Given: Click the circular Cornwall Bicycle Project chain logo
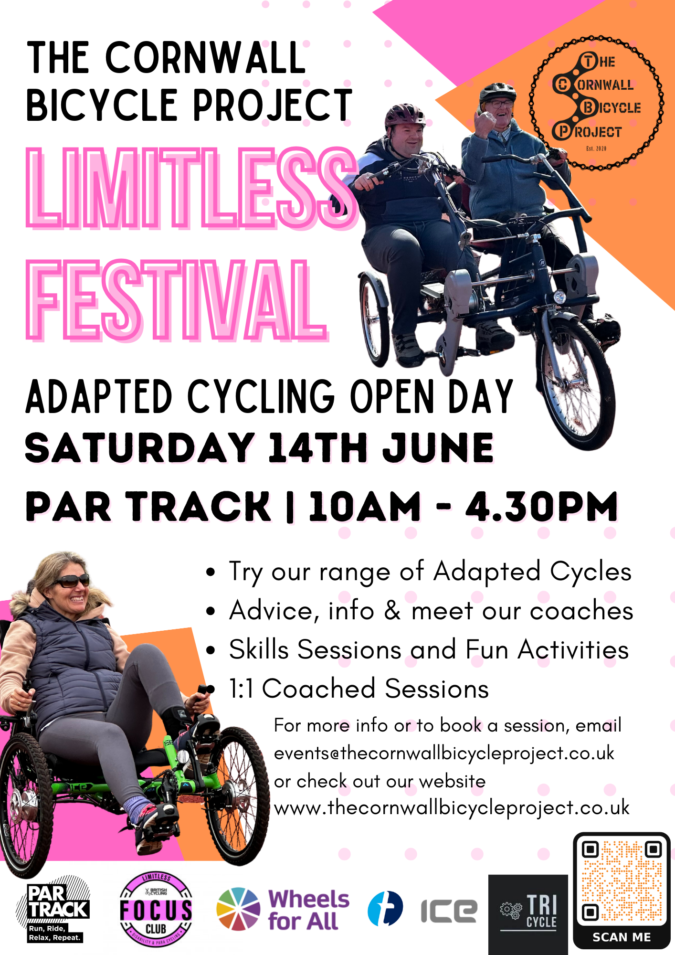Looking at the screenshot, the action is (x=596, y=103).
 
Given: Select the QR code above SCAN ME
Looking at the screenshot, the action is (x=622, y=881).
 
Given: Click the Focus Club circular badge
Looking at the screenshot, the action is (x=156, y=910).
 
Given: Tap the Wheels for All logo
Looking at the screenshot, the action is (x=283, y=909).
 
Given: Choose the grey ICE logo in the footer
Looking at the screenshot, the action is (x=449, y=911).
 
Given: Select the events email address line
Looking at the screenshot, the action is (x=444, y=753).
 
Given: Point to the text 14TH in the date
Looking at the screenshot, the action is (x=318, y=447).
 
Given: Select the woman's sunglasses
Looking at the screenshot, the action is (x=70, y=581).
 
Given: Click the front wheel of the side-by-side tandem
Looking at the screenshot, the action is (x=578, y=382).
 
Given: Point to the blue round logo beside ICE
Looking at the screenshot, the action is (x=385, y=908).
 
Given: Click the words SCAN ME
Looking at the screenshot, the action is (x=622, y=937).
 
